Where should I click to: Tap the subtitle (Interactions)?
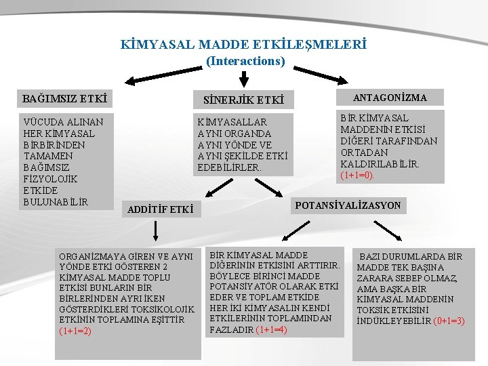pyautogui.click(x=245, y=61)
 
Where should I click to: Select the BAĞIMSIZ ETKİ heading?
pyautogui.click(x=65, y=99)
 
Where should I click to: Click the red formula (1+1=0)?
pyautogui.click(x=357, y=175)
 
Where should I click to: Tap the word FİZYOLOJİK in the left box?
pyautogui.click(x=51, y=179)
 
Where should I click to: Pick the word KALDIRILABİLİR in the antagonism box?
pyautogui.click(x=380, y=164)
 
